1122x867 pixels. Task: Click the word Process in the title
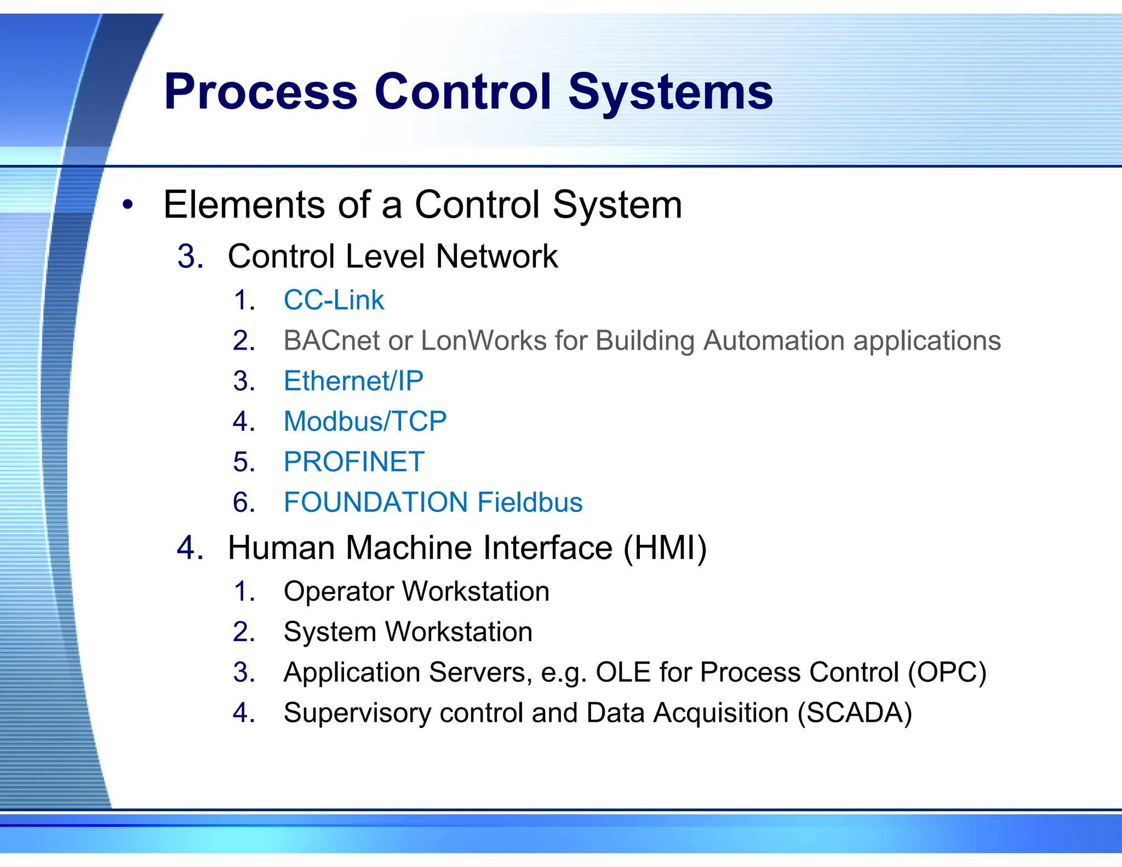[260, 92]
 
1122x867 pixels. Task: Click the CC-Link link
[334, 300]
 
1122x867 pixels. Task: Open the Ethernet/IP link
[353, 381]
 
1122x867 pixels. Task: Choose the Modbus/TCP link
[365, 421]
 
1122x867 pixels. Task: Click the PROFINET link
[354, 462]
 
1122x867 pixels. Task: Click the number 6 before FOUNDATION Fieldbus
[244, 503]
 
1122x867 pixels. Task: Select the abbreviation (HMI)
[665, 548]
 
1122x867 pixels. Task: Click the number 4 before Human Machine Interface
[190, 548]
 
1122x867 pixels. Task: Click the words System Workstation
[408, 632]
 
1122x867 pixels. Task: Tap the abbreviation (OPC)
[947, 672]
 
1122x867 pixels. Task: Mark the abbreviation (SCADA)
[855, 713]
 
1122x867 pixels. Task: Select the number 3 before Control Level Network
[190, 256]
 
